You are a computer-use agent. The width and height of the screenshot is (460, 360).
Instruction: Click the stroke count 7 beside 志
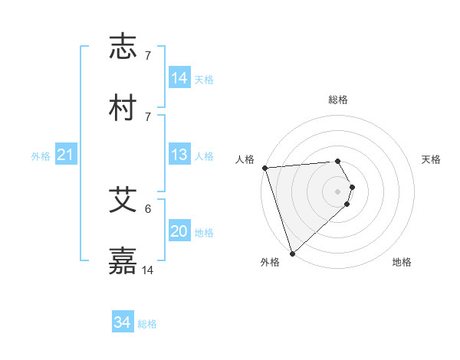[x=148, y=56]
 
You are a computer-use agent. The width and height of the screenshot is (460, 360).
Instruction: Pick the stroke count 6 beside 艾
[x=148, y=208]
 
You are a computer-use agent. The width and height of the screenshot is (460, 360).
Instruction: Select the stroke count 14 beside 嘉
[x=148, y=270]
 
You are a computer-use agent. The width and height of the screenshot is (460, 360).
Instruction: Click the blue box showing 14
[x=179, y=77]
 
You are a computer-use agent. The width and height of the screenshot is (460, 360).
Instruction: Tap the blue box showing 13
[x=179, y=155]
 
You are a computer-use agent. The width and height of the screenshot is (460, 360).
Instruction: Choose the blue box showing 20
[x=179, y=231]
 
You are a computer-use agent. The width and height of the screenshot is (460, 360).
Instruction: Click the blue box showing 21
[x=65, y=155]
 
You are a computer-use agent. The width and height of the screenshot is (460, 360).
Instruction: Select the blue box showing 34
[x=123, y=323]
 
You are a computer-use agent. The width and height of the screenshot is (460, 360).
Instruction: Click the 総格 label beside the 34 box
[x=147, y=324]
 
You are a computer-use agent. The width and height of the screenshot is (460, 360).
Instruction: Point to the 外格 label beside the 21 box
[x=41, y=156]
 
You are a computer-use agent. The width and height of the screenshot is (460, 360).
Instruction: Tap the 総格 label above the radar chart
[x=338, y=100]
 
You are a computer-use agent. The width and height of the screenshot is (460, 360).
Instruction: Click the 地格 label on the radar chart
[x=402, y=262]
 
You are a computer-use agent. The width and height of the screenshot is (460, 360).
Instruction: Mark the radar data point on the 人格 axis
[x=264, y=168]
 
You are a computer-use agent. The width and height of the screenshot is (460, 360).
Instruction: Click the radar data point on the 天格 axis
[x=353, y=187]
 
